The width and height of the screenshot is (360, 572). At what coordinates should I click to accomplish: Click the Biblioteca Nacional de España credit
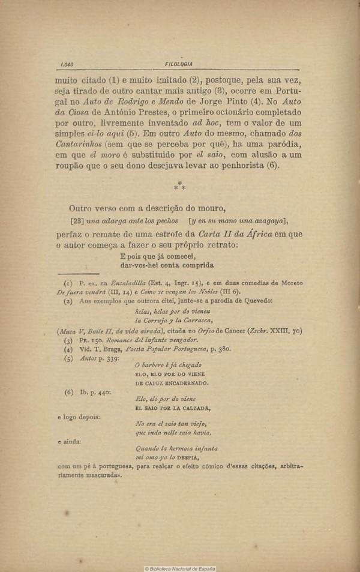[x=179, y=568]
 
